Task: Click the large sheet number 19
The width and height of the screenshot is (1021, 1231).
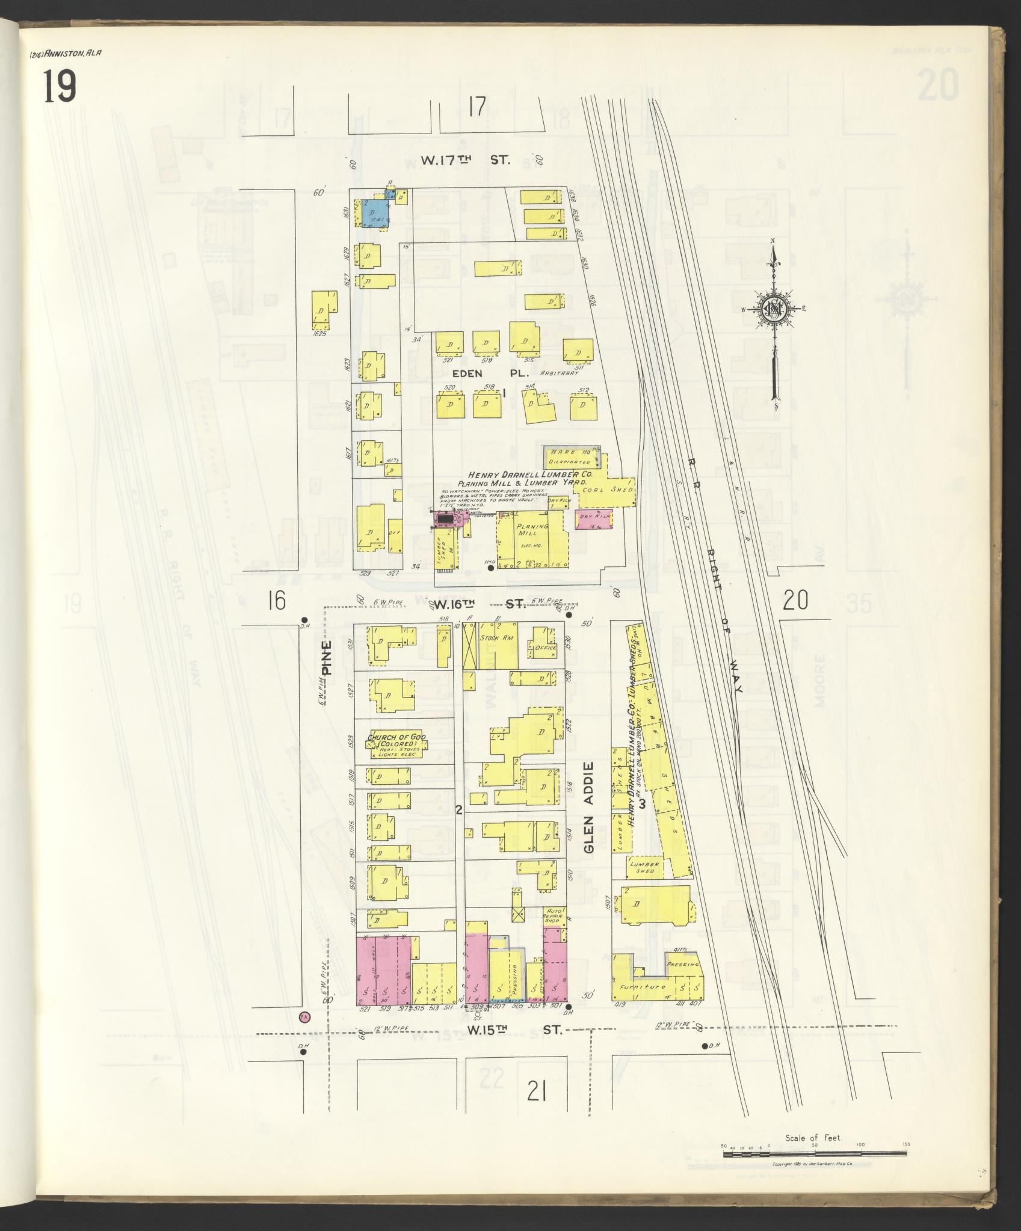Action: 60,86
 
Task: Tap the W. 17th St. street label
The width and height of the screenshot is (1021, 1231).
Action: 465,160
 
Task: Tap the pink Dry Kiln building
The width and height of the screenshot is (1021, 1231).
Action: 593,519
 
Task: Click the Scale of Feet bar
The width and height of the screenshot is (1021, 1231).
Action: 815,1152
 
